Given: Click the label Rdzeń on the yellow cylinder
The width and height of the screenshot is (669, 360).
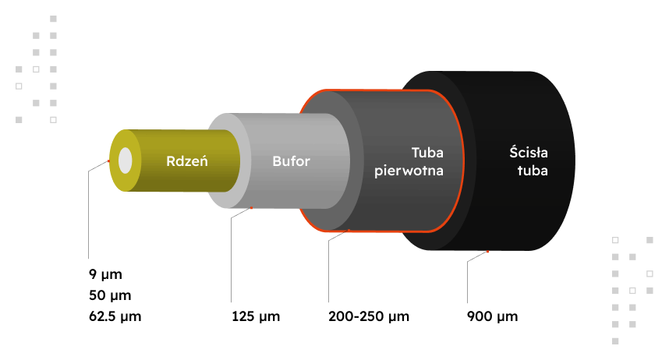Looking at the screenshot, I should [x=186, y=162].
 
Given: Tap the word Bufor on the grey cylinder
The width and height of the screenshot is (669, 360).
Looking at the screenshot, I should [x=292, y=162].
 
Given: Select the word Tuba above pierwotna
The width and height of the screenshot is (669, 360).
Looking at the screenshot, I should [x=427, y=154].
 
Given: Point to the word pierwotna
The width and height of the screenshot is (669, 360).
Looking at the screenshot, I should [x=409, y=171].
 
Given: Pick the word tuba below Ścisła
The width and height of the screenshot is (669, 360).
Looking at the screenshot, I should [x=532, y=171].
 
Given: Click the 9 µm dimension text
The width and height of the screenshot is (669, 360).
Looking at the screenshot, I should [x=105, y=275].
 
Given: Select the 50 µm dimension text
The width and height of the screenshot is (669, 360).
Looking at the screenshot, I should [x=109, y=296].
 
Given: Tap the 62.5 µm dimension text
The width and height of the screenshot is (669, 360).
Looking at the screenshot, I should [x=115, y=317].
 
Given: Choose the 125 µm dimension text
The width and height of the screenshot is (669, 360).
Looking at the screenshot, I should [x=256, y=317].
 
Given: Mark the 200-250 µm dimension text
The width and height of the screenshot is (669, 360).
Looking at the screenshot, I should [x=369, y=317].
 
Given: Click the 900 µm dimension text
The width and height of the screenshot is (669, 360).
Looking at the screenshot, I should [x=492, y=317].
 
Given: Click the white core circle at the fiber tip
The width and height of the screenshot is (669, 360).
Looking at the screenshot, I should [x=126, y=161].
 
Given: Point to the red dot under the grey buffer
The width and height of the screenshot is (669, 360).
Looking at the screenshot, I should [x=252, y=208].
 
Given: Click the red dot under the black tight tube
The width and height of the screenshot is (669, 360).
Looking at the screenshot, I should [x=487, y=251].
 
